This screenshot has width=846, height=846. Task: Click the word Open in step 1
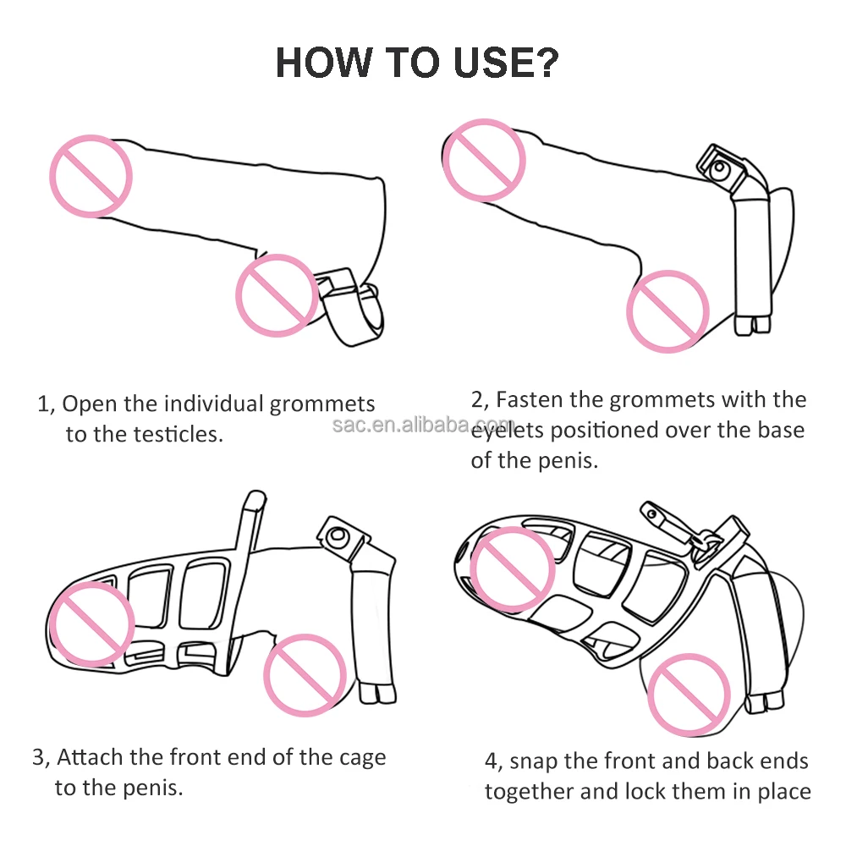point(91,404)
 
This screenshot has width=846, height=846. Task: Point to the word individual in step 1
point(212,404)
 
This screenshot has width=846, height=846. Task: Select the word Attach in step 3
point(89,756)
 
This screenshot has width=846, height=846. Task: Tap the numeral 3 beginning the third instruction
point(39,756)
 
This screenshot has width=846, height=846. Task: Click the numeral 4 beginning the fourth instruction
point(491,761)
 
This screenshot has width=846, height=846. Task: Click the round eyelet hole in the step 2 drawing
point(719,171)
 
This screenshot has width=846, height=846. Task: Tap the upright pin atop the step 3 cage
point(253,525)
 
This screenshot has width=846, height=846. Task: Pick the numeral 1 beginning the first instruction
point(44,404)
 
